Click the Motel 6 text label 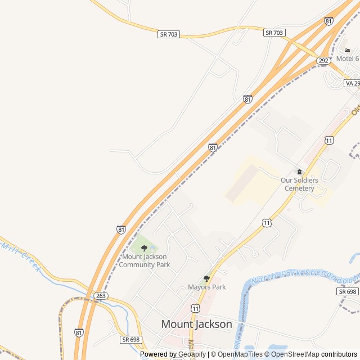[348, 58]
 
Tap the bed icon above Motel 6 [347, 50]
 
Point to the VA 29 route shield [352, 83]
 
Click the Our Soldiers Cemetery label [299, 184]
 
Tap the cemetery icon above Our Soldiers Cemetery [299, 172]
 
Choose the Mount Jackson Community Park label [144, 260]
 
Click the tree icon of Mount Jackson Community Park [144, 248]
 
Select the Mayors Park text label [206, 287]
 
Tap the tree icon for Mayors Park [206, 278]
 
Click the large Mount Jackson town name [196, 324]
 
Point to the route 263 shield [101, 295]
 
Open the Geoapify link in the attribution [192, 354]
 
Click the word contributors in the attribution [339, 354]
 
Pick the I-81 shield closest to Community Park [121, 229]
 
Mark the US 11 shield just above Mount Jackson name [195, 309]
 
